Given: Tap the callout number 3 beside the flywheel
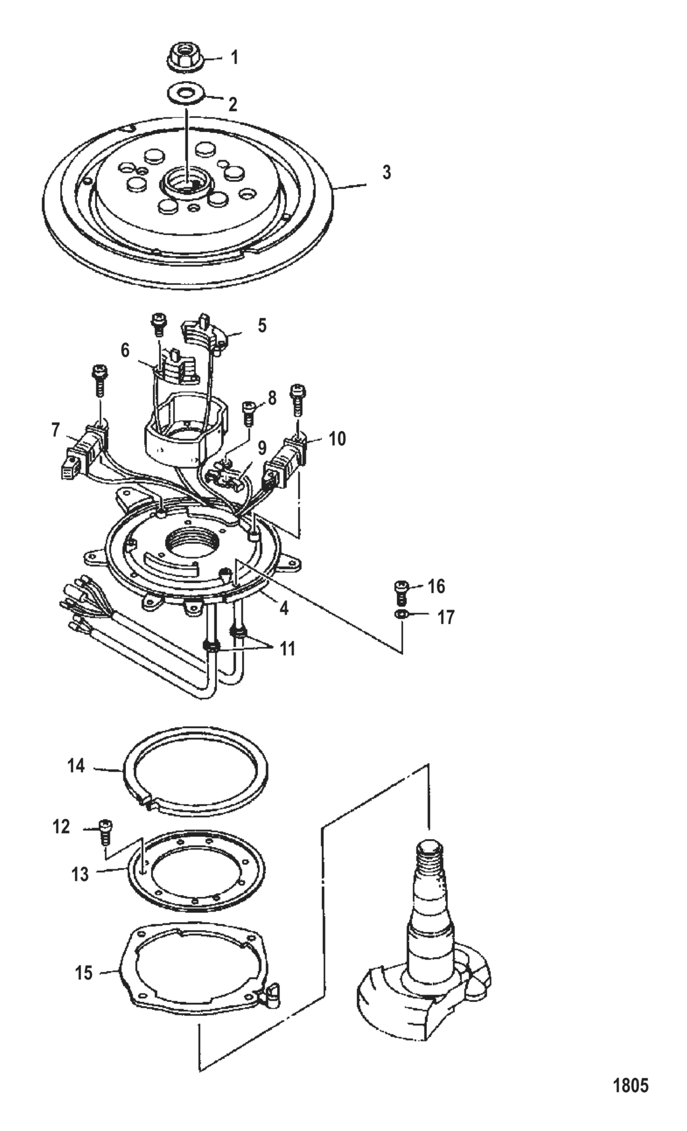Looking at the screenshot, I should coord(386,173).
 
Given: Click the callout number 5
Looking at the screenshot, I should coord(262,325).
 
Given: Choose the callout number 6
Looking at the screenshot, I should coord(125,351).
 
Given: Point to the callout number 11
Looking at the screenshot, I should coord(287,648).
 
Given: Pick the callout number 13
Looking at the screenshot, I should coord(80,874).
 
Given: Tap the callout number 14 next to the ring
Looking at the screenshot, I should coord(76,766).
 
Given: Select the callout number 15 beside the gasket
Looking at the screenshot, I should coord(84,973).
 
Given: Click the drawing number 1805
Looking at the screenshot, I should coord(631,1086).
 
